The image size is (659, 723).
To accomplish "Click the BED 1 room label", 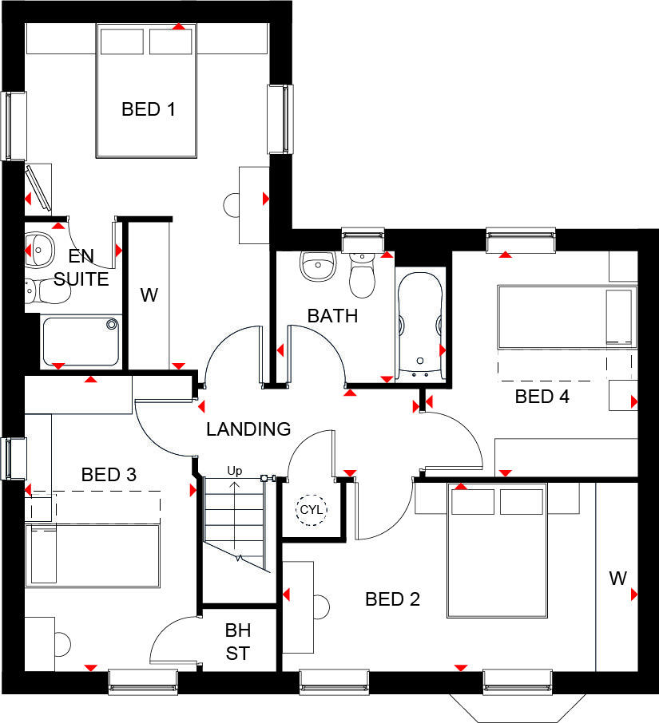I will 148,109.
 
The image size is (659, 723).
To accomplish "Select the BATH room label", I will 332,316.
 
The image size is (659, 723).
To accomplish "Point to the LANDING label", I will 248,429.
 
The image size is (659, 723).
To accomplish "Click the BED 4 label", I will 542,397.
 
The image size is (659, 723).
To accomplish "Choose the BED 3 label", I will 109,475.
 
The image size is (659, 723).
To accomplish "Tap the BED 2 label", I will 392,599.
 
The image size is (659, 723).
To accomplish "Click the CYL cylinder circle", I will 309,509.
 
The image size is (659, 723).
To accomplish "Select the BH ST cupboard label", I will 237,643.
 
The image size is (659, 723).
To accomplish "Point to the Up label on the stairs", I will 234,471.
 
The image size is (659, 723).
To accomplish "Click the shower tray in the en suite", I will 80,341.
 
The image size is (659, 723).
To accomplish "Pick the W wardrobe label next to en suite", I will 149,295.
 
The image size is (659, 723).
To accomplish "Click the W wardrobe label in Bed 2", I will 617,579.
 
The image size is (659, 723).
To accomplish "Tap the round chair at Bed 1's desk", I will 232,205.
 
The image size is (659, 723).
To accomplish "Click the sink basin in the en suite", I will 38,250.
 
